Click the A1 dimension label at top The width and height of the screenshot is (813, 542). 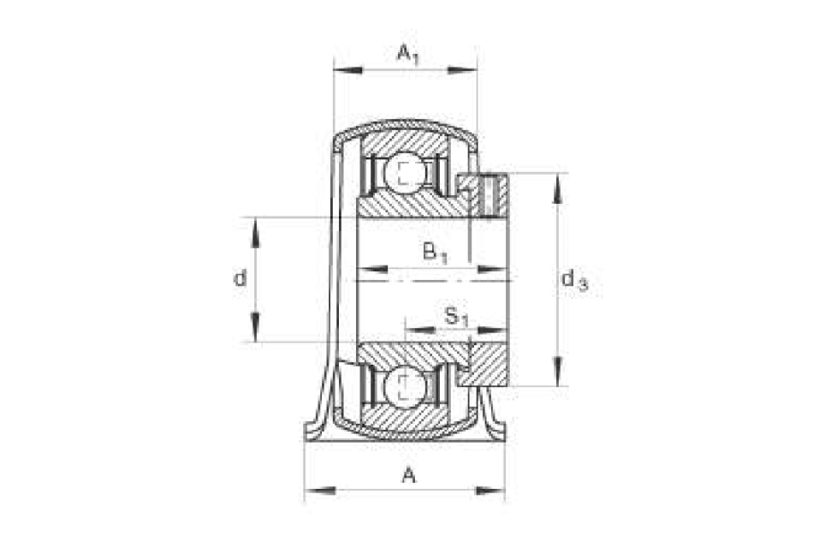pyautogui.click(x=407, y=54)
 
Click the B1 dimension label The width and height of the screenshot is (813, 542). pyautogui.click(x=435, y=253)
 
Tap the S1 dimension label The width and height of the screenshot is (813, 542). pyautogui.click(x=456, y=317)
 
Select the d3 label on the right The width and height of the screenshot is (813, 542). pyautogui.click(x=574, y=281)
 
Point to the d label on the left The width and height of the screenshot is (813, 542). pyautogui.click(x=240, y=278)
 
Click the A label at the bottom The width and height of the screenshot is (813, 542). pyautogui.click(x=408, y=474)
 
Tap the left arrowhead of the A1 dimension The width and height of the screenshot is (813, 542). pyautogui.click(x=348, y=69)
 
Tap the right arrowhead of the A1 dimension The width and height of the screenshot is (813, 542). pyautogui.click(x=462, y=69)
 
